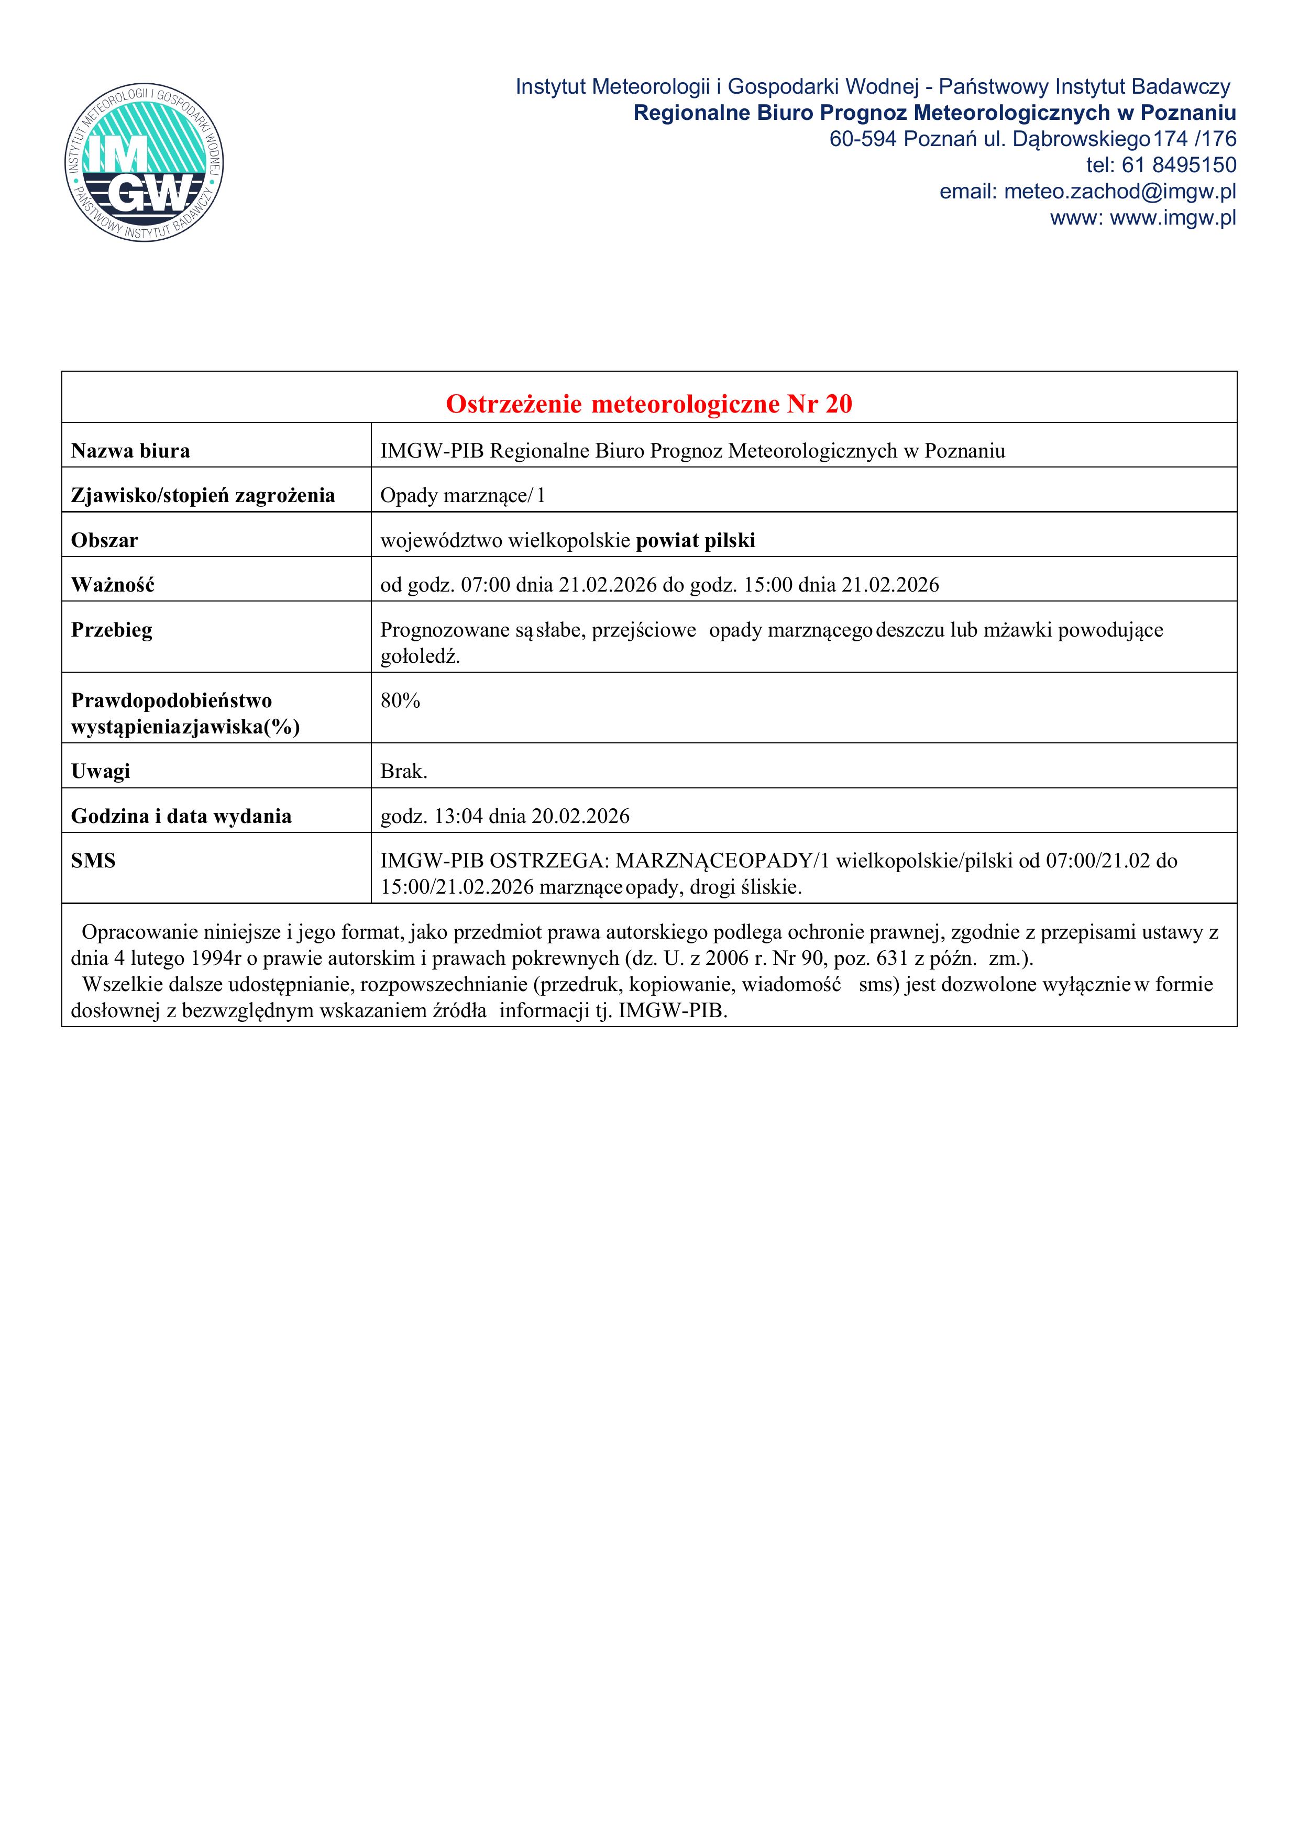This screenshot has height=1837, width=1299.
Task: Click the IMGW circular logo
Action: click(x=144, y=162)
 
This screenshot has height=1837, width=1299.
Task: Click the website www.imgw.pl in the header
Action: click(x=1173, y=218)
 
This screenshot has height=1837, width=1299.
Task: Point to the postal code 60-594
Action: click(x=863, y=139)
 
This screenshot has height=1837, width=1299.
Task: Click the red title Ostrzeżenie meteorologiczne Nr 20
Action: click(x=648, y=404)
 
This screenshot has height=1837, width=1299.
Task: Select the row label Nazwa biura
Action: click(x=130, y=451)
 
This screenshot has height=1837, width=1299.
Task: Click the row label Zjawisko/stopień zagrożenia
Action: click(x=203, y=496)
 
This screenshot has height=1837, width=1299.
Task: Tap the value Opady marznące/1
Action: click(x=462, y=496)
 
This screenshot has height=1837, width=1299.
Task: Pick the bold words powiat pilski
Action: click(x=696, y=541)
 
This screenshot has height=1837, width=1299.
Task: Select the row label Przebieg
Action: click(x=111, y=630)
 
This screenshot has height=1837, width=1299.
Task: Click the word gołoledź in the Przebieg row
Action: click(x=420, y=657)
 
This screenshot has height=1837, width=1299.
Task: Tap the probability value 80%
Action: click(x=400, y=701)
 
